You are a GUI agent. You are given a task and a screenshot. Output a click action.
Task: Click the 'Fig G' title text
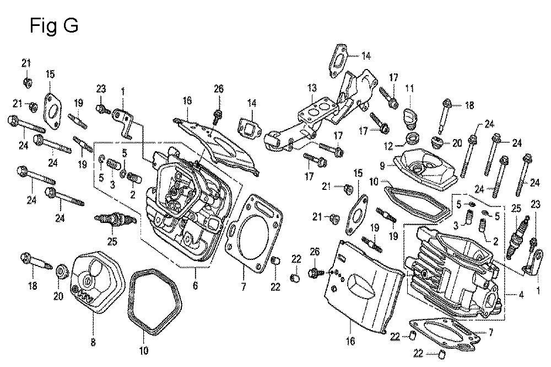pos(53,25)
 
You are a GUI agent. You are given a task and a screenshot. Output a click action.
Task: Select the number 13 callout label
pos(312,87)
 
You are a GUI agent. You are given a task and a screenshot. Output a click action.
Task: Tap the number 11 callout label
pos(409,88)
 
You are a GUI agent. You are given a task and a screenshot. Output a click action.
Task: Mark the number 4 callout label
pos(521,294)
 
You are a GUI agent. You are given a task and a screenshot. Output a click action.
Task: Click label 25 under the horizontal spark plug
pos(112,241)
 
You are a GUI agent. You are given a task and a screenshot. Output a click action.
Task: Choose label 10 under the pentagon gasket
pos(143,349)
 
